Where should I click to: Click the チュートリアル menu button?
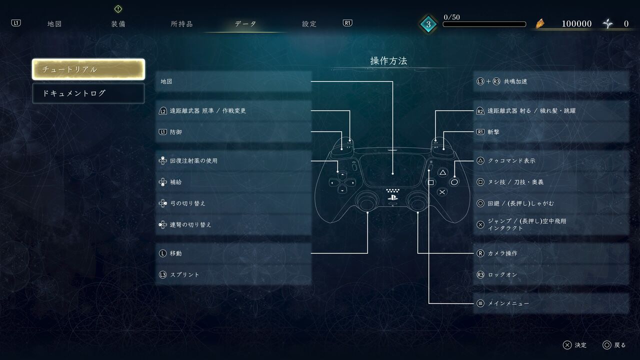(88, 69)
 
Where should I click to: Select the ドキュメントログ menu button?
(88, 93)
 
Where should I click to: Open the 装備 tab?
(118, 23)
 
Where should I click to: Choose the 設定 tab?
(309, 23)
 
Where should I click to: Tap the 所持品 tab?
(181, 23)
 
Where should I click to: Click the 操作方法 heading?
(388, 60)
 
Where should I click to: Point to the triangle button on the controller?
(442, 172)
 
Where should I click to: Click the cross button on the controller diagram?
(442, 192)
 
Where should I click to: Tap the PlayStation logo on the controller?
(392, 197)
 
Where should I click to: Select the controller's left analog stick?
(367, 201)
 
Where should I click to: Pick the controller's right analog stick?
(417, 201)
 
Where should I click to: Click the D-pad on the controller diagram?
(342, 182)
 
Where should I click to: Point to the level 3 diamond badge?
(428, 24)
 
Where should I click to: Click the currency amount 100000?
(576, 23)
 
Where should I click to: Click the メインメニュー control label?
(508, 303)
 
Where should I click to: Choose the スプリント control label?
(184, 275)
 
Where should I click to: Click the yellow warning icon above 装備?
(118, 9)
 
